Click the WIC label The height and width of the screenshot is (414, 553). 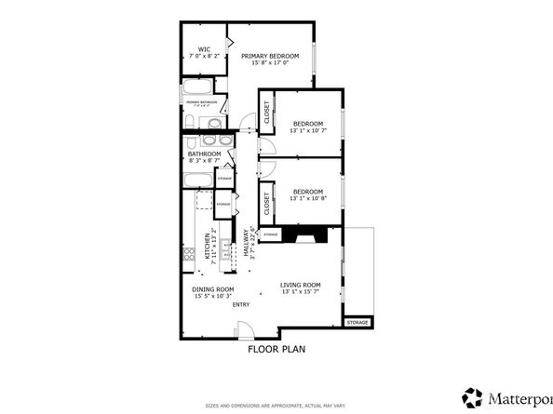[202, 48]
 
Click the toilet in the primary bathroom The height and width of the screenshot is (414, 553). [214, 122]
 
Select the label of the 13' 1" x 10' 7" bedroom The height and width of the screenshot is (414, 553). [308, 124]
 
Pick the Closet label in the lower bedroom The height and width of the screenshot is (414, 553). [267, 202]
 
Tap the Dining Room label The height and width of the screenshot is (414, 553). [212, 289]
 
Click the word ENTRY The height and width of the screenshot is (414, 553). [241, 304]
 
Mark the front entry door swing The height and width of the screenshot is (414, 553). [244, 329]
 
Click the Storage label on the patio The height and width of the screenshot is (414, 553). [357, 323]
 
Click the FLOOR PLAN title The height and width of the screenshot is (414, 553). [276, 350]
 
